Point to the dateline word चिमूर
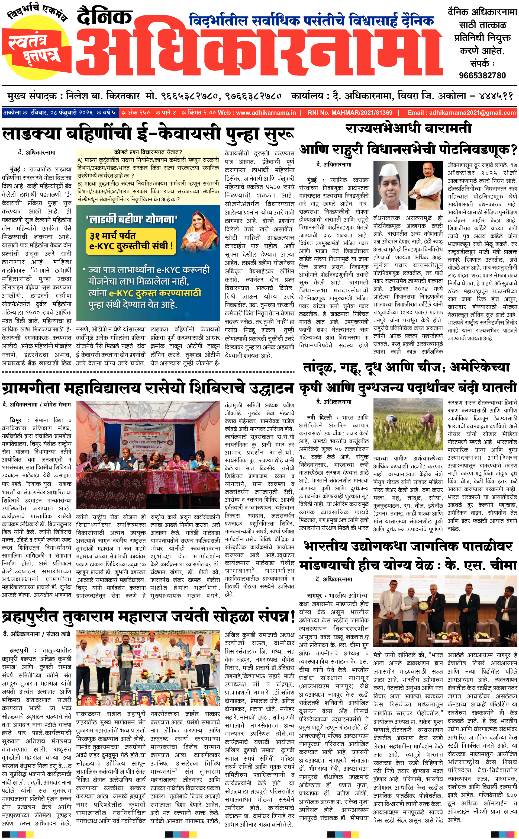[16, 420]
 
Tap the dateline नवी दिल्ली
[319, 418]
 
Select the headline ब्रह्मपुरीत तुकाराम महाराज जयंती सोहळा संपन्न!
[148, 616]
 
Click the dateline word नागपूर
[314, 595]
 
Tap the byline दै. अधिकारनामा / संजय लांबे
[36, 634]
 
